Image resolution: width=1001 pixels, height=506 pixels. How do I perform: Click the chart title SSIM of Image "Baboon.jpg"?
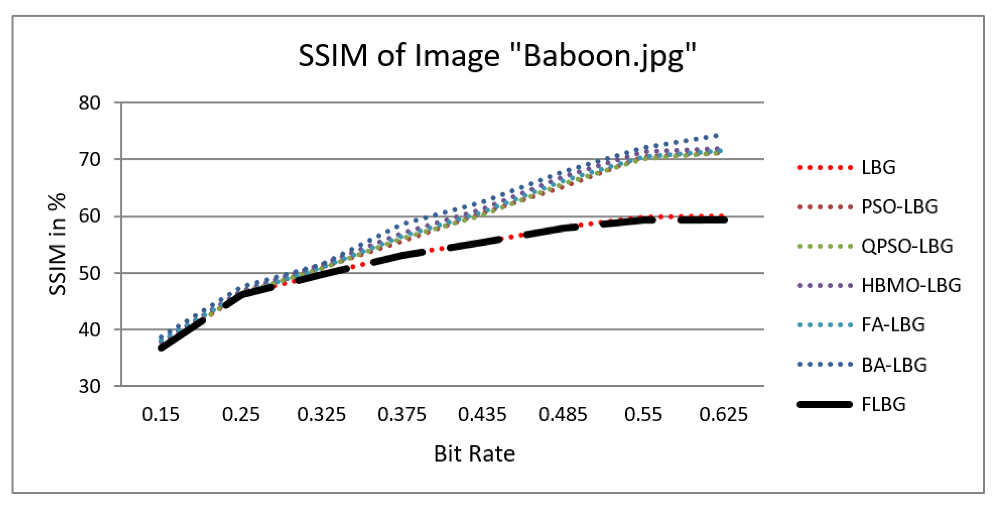pos(497,56)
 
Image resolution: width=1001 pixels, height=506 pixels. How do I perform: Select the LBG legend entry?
pos(878,168)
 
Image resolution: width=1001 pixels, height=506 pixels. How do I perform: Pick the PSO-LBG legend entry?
pos(899,207)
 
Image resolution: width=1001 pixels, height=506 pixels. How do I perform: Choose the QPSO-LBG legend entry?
pos(907,246)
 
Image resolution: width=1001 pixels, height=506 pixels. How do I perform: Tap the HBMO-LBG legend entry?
pos(911,286)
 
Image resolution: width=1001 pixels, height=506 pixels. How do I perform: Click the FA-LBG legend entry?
pos(893,325)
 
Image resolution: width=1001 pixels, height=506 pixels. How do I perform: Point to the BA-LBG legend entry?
pos(894,365)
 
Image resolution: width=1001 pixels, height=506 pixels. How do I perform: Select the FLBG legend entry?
pos(883,405)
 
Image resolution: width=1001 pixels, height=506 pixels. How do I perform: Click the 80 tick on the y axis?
pos(90,103)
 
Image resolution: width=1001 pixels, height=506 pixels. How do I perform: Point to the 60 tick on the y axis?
pos(90,216)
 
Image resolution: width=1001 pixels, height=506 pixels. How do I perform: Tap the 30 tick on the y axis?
pos(90,386)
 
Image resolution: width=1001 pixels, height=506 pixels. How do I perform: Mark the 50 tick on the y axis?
pos(90,273)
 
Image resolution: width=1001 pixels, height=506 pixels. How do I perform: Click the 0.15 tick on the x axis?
pos(161,415)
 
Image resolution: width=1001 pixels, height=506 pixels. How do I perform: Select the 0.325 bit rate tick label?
pos(322,415)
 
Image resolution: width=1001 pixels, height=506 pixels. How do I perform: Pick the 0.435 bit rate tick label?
pos(482,415)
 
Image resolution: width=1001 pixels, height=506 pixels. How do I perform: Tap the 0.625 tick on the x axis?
pos(723,415)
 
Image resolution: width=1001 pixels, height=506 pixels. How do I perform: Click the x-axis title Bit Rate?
pos(474,454)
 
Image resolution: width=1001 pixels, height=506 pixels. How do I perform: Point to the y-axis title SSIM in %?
pos(57,244)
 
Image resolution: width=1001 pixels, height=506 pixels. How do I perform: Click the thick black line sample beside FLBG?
pos(825,405)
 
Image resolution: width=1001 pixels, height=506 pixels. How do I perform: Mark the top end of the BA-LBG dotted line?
pos(716,136)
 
